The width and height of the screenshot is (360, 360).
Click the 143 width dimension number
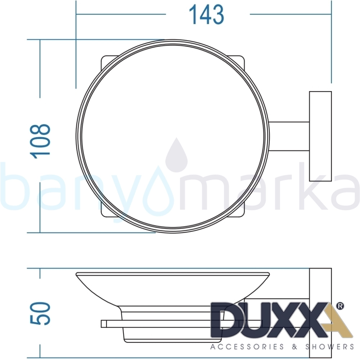pos(206,15)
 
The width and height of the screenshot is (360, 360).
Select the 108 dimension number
pos(40,141)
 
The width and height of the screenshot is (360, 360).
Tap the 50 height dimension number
pos(40,313)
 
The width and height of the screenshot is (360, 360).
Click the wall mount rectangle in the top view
pos(320,136)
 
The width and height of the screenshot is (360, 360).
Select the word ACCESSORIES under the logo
pos(247,346)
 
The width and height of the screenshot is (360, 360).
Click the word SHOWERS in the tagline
pos(329,346)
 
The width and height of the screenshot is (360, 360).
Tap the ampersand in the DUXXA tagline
pos(294,346)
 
